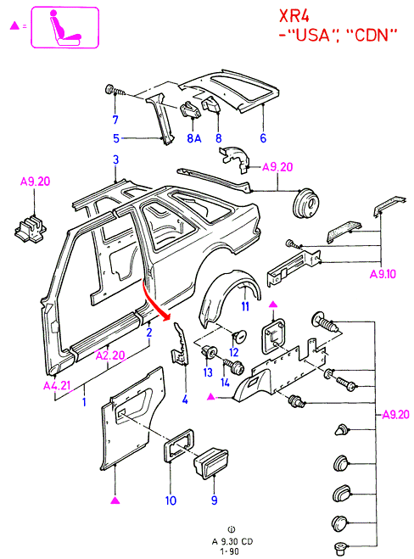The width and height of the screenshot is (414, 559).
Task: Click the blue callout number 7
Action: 115,120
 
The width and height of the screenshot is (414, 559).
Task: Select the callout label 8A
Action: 194,138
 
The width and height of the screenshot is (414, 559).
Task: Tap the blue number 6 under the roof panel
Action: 263,138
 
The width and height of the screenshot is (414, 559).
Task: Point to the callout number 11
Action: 245,306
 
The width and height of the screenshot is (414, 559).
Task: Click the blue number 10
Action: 171,500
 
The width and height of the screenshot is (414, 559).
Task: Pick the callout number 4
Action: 185,400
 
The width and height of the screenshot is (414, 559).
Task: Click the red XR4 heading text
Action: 294,15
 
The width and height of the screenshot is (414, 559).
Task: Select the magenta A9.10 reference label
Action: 383,274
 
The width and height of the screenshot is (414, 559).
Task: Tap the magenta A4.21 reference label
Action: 57,385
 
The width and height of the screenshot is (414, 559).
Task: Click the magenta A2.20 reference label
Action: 110,355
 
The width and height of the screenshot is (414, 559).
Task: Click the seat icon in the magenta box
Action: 65,27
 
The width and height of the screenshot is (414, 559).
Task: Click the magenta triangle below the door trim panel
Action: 115,500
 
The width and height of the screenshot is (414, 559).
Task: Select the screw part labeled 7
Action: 115,91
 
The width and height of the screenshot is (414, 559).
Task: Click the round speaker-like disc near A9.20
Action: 306,204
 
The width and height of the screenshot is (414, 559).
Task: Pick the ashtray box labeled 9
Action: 211,462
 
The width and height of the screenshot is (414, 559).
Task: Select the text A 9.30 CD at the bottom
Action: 232,541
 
